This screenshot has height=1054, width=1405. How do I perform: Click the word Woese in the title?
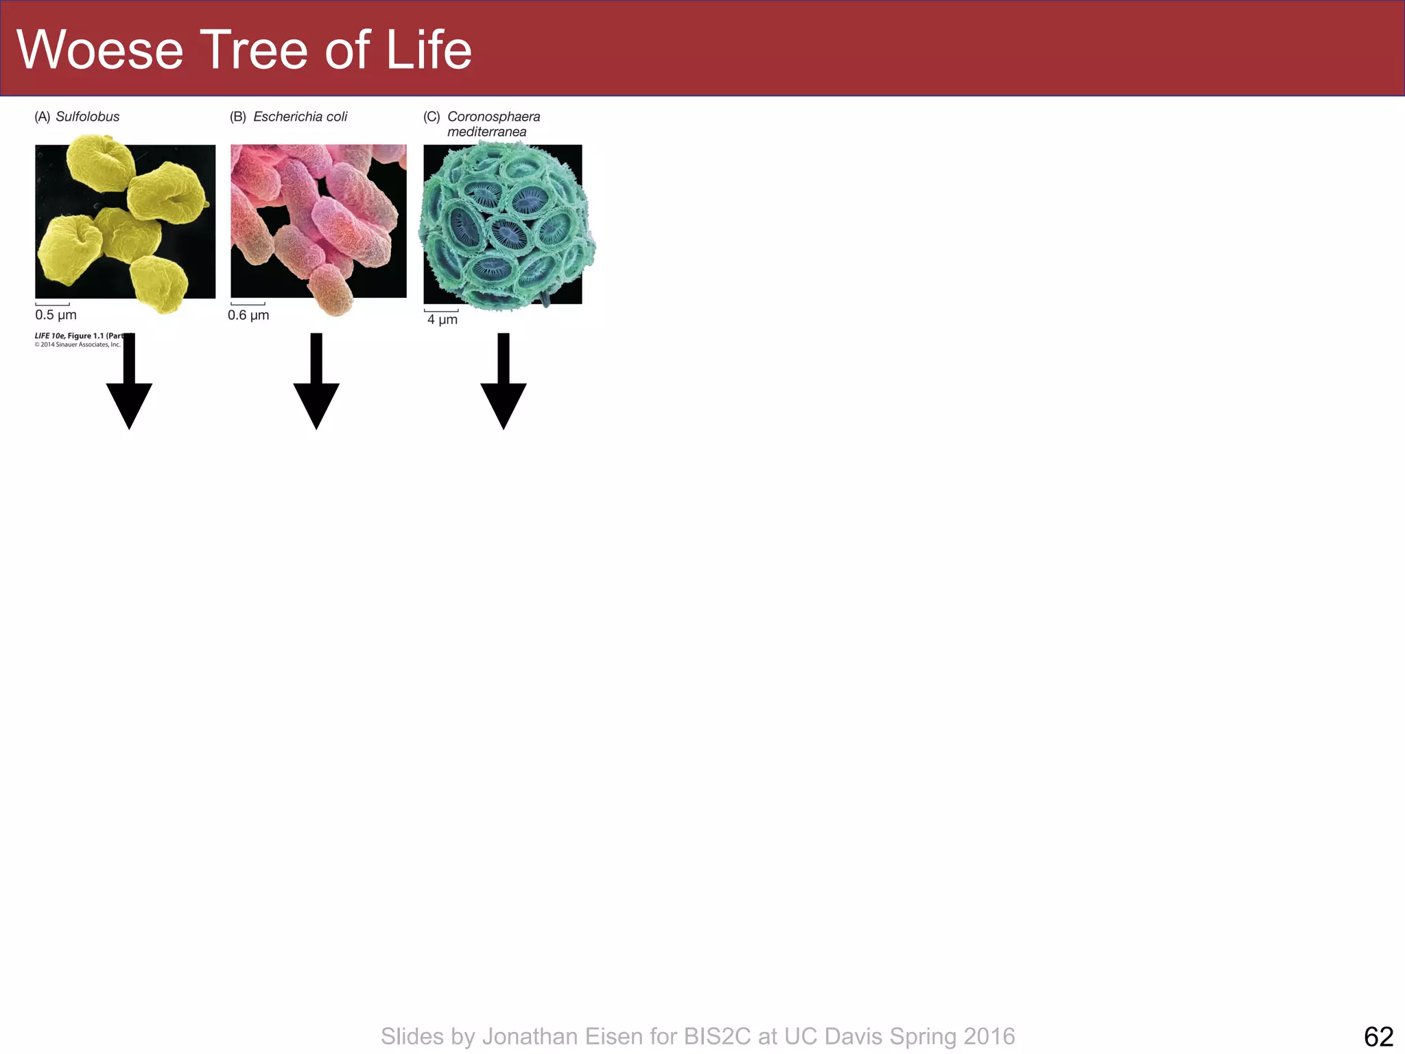point(100,50)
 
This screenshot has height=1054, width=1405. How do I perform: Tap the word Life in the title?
point(429,50)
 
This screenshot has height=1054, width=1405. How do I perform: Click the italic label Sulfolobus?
point(87,117)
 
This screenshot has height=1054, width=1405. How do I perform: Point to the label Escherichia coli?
point(300,117)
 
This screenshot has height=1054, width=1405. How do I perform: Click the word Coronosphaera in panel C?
point(493,117)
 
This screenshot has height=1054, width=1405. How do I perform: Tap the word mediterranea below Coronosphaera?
point(486,132)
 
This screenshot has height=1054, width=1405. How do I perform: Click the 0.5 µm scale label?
point(56,315)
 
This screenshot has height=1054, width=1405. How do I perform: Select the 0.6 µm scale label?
point(248,315)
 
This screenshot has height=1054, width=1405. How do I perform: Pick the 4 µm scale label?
point(442,320)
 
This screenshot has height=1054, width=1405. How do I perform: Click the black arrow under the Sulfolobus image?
point(129,391)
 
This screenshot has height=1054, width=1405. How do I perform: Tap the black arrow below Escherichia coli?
point(316,391)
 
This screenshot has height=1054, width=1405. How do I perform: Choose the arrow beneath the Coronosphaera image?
point(504,391)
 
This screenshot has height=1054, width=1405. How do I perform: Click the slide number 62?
point(1378,1036)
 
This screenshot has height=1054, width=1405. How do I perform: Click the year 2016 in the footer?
point(989,1036)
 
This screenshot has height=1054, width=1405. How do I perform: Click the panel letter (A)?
point(43,117)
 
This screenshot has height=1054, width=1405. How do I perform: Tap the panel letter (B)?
point(237,117)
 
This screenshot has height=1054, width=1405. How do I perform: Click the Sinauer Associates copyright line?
point(77,344)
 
